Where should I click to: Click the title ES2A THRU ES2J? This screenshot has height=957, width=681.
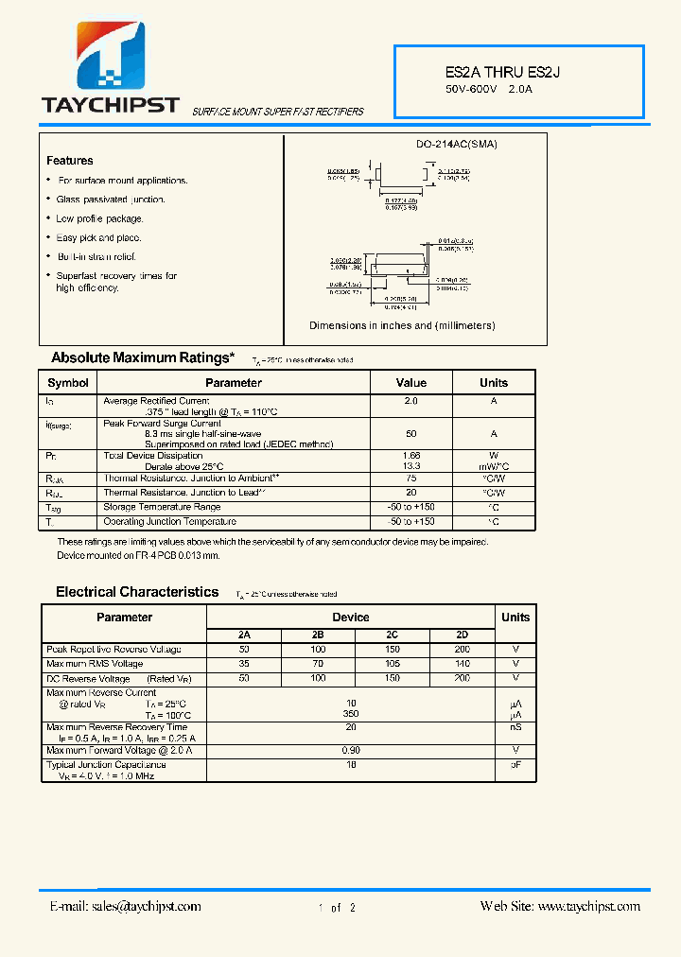coord(492,72)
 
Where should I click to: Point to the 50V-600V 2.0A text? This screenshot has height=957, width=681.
coord(489,90)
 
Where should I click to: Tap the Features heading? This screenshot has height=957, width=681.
coord(70,161)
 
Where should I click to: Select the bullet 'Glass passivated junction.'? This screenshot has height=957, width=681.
coord(110,200)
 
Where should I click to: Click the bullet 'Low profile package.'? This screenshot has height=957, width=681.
coord(98,218)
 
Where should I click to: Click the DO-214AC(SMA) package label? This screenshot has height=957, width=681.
coord(457,144)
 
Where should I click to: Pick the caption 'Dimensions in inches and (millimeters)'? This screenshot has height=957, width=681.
coord(402,325)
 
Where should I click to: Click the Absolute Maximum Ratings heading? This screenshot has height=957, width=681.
coord(142,357)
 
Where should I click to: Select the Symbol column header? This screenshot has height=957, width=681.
coord(68,383)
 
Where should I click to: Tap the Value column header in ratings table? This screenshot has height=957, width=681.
coord(410,383)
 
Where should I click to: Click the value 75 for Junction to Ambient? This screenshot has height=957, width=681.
coord(410,478)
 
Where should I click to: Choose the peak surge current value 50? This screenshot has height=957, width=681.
coord(410,433)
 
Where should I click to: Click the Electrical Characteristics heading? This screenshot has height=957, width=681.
coord(137,592)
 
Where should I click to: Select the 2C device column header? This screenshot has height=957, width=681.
coord(392,635)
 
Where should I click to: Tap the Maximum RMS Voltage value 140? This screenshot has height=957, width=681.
coord(462,664)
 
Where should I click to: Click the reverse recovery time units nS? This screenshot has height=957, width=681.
coord(515,727)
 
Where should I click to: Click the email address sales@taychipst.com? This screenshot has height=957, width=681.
coord(125,906)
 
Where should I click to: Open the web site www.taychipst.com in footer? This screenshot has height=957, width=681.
coord(560,906)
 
